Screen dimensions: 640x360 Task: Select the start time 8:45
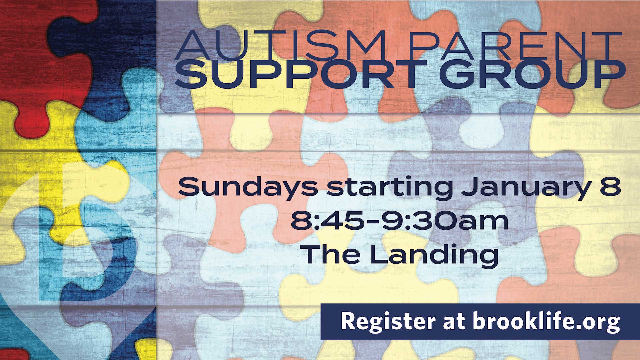(326, 221)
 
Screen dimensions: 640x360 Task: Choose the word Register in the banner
(388, 322)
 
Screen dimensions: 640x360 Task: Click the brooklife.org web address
(546, 322)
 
